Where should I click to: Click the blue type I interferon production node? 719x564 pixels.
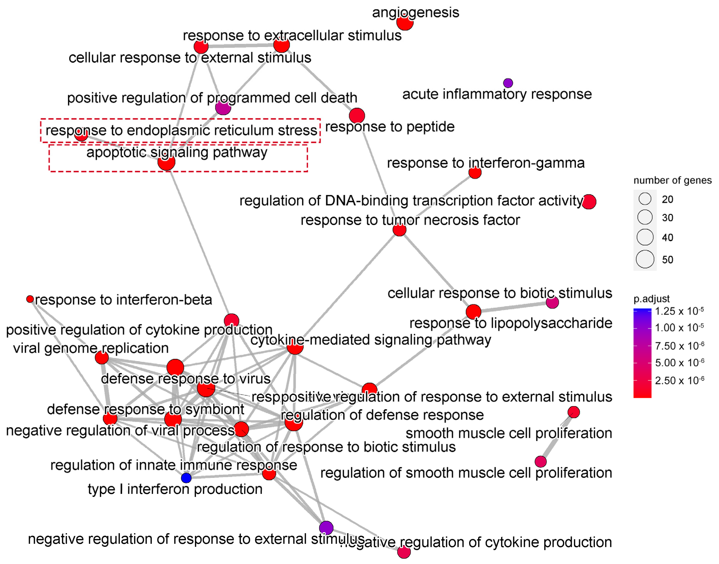[x=186, y=478]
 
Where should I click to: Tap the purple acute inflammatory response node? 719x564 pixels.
[x=508, y=83]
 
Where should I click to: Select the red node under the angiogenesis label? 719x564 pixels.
[x=405, y=23]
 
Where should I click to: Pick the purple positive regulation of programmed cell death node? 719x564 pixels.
[x=223, y=107]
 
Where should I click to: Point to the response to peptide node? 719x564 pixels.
[x=357, y=115]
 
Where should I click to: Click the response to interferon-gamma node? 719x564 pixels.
[x=475, y=172]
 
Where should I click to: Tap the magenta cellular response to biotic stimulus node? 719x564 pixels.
[x=552, y=302]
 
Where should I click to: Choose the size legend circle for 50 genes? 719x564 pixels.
[x=645, y=259]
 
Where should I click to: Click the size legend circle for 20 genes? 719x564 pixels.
[x=645, y=199]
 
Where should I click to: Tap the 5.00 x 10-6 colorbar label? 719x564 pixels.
[x=679, y=363]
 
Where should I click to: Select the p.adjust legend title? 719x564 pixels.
[x=651, y=299]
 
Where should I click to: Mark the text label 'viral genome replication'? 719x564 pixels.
[x=91, y=348]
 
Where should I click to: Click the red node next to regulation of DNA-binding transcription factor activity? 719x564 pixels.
[x=589, y=202]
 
